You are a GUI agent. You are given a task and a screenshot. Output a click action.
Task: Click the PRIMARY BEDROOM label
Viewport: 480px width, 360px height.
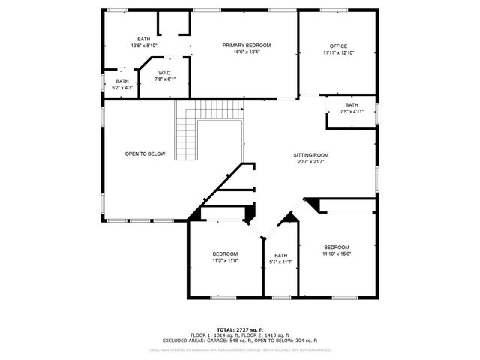pyautogui.click(x=246, y=46)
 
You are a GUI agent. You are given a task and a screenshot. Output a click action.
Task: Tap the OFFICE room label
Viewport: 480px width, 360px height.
pyautogui.click(x=338, y=46)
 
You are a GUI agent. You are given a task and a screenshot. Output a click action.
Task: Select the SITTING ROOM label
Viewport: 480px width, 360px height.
pyautogui.click(x=310, y=155)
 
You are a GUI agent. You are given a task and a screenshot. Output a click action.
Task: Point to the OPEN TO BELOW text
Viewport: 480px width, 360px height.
pyautogui.click(x=145, y=154)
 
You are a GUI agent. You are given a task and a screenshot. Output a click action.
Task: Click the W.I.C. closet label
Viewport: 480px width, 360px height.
pyautogui.click(x=164, y=73)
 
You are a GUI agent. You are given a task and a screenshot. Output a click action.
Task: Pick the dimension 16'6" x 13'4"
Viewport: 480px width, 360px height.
pyautogui.click(x=246, y=52)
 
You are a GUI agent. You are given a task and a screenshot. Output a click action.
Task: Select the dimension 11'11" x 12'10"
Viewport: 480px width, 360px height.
pyautogui.click(x=338, y=53)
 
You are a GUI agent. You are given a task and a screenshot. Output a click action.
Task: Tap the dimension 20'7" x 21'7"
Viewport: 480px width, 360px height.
pyautogui.click(x=310, y=162)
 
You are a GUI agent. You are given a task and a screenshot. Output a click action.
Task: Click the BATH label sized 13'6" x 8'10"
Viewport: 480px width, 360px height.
pyautogui.click(x=143, y=39)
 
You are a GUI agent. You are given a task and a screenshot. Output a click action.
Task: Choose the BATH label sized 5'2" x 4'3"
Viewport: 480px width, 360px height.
pyautogui.click(x=122, y=81)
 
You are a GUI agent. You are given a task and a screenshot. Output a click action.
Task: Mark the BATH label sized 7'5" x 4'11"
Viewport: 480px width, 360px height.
pyautogui.click(x=352, y=105)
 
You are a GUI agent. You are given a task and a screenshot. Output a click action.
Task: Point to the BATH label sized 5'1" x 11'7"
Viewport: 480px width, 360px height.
pyautogui.click(x=280, y=255)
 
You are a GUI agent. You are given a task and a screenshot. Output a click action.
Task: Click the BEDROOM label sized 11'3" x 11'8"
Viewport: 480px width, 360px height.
pyautogui.click(x=225, y=254)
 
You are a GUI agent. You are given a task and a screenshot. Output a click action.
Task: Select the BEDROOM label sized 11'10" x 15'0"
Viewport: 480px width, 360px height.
pyautogui.click(x=336, y=247)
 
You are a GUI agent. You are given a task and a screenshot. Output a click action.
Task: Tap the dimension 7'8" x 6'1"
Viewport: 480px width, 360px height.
pyautogui.click(x=164, y=79)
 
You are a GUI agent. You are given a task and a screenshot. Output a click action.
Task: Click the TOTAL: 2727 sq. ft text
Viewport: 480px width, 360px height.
pyautogui.click(x=239, y=329)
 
